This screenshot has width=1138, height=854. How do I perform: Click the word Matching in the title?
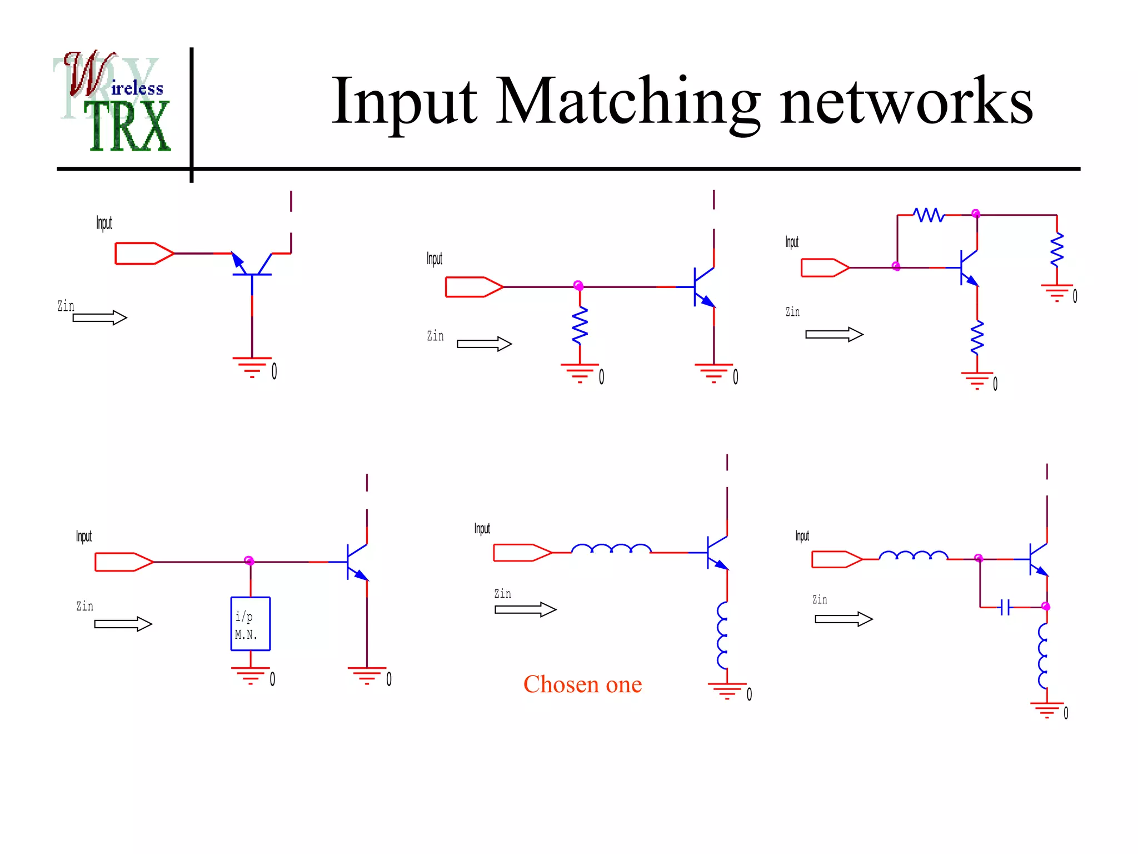628,102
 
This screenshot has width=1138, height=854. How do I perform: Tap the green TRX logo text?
129,127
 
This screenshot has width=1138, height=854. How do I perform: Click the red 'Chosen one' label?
582,684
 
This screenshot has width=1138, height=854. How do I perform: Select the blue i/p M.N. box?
250,624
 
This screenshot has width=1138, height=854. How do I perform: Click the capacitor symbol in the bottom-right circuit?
1005,607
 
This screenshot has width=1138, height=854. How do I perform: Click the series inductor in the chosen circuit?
611,549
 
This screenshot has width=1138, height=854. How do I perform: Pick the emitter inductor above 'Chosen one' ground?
722,635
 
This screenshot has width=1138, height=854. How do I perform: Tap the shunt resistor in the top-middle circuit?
580,325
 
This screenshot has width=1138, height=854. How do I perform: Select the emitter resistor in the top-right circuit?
977,337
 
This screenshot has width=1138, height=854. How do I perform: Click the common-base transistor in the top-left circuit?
252,266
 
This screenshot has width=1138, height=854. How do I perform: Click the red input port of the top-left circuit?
144,254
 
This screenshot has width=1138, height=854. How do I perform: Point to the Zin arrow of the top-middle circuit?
484,344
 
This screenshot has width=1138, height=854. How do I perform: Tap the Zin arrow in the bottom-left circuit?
123,624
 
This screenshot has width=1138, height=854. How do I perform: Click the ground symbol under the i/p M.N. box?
251,676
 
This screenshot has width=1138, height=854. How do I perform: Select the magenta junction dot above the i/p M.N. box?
249,560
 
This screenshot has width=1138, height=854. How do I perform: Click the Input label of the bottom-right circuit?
802,536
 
